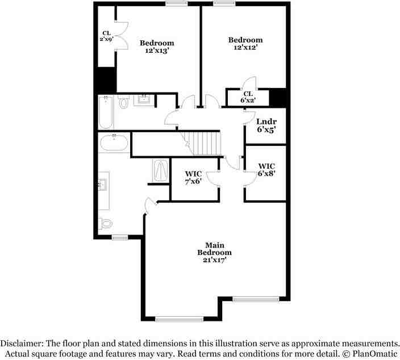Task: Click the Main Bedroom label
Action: [214, 249]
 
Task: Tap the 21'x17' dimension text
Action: [214, 259]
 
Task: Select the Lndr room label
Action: [266, 122]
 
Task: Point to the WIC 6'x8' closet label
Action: [266, 170]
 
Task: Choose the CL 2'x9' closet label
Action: [106, 36]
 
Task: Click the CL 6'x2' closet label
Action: [248, 97]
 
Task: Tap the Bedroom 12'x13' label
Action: [157, 47]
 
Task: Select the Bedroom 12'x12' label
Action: [245, 44]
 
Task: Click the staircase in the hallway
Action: [203, 141]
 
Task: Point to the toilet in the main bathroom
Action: [104, 223]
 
